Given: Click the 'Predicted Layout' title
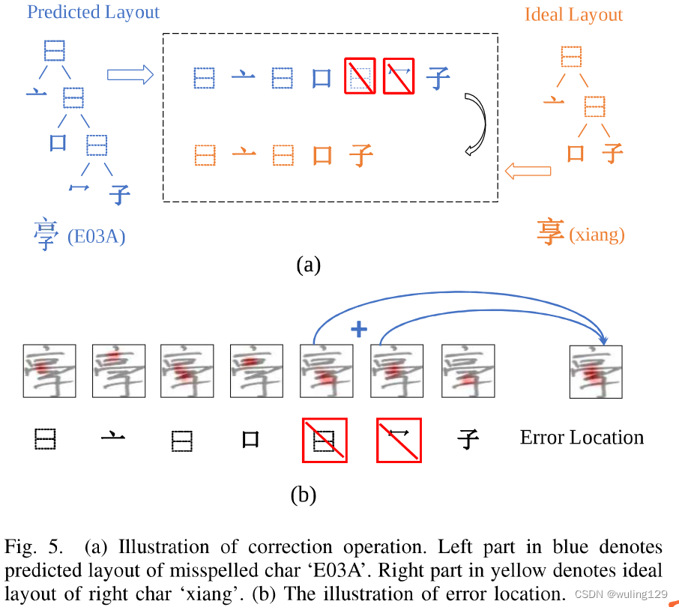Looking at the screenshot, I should pyautogui.click(x=93, y=13).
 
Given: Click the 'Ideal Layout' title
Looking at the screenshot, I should pyautogui.click(x=573, y=15).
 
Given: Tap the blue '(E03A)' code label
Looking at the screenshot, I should pyautogui.click(x=96, y=238).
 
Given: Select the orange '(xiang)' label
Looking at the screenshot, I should pyautogui.click(x=597, y=235).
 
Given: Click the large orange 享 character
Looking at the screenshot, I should pyautogui.click(x=551, y=232).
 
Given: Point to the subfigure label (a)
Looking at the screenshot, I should pyautogui.click(x=308, y=265).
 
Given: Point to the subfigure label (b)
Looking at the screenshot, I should pyautogui.click(x=303, y=494).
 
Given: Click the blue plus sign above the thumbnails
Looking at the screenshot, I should pyautogui.click(x=359, y=330).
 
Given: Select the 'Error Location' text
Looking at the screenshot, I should pyautogui.click(x=582, y=438).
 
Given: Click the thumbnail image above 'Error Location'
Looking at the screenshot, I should pyautogui.click(x=596, y=371).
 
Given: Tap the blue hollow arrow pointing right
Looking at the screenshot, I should pyautogui.click(x=130, y=74).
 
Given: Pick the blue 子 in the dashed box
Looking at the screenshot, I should pyautogui.click(x=438, y=78).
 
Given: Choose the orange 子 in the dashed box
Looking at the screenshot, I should pyautogui.click(x=361, y=156).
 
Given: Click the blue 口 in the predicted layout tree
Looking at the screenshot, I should pyautogui.click(x=58, y=142).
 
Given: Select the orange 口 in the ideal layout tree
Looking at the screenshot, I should pyautogui.click(x=576, y=154).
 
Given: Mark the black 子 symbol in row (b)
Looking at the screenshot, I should pyautogui.click(x=468, y=439).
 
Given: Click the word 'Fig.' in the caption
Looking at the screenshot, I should pyautogui.click(x=22, y=548).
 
